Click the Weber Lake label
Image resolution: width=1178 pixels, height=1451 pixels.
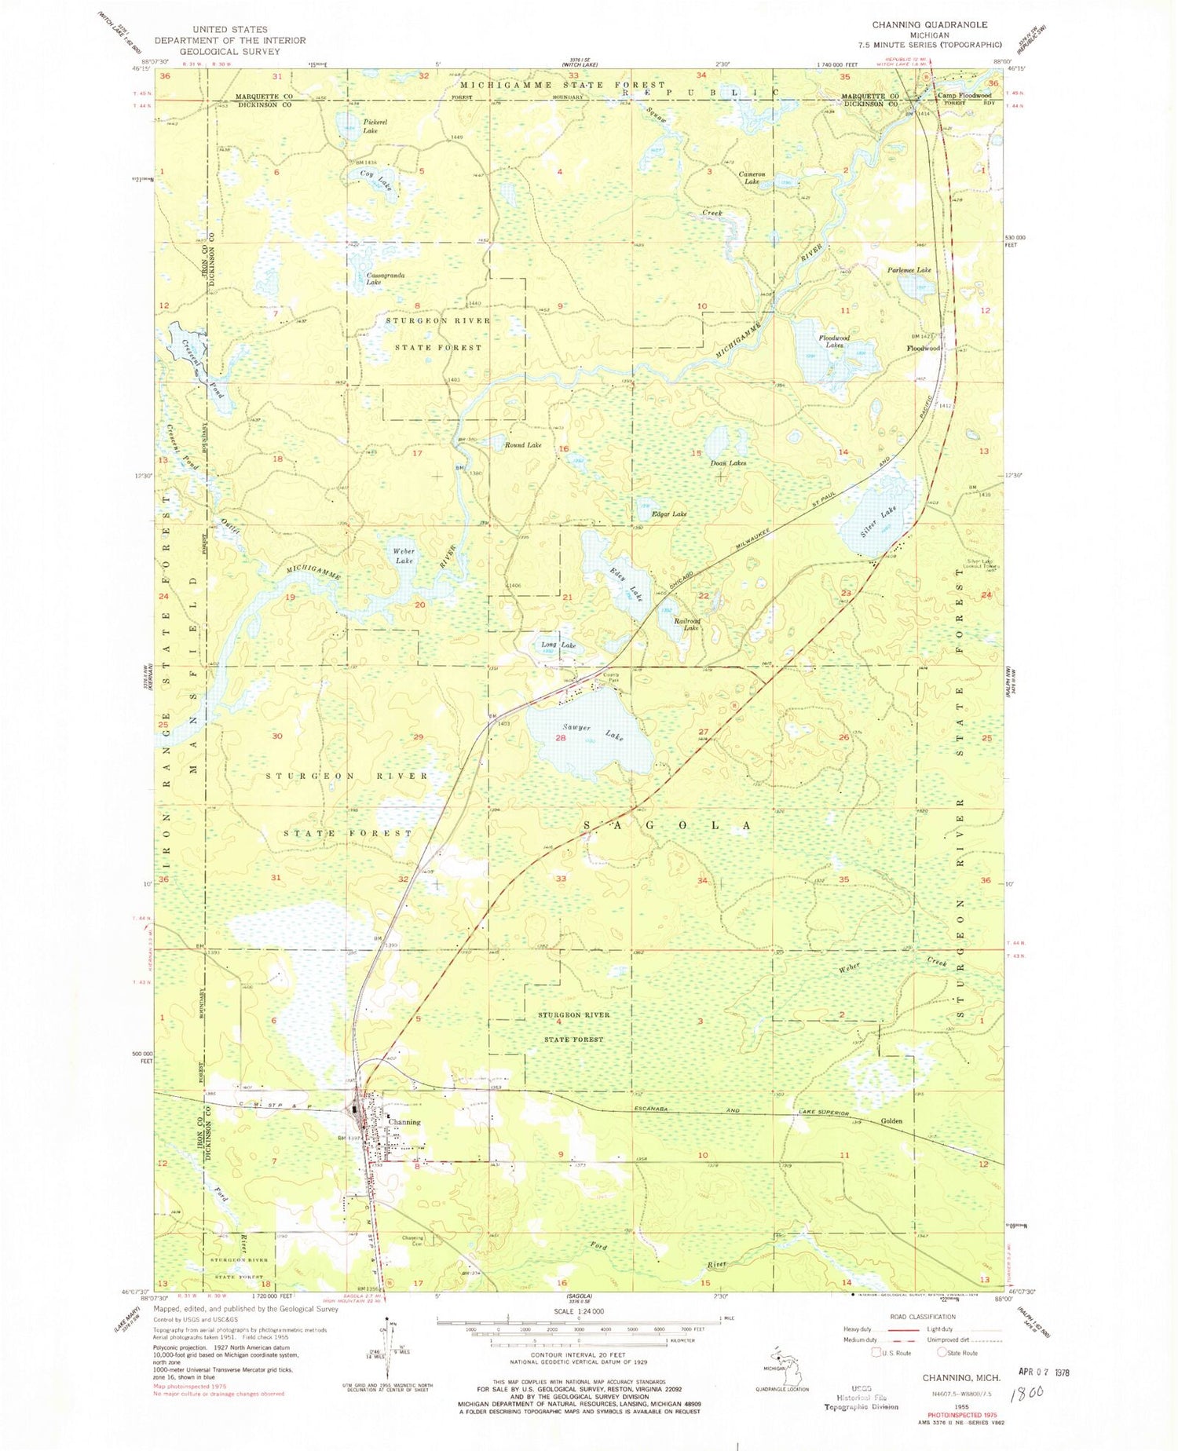(x=404, y=556)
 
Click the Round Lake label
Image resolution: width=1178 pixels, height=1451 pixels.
(x=523, y=445)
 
